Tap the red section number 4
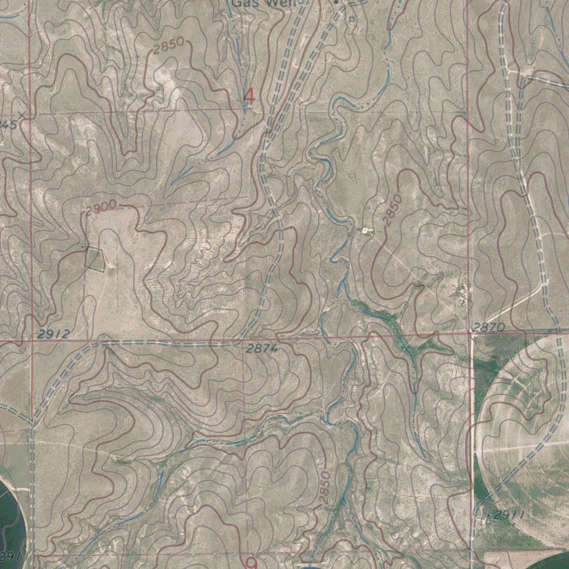click(249, 97)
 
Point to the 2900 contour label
click(101, 208)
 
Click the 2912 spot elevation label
click(54, 334)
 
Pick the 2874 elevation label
click(261, 349)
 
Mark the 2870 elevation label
click(488, 328)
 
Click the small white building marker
click(365, 230)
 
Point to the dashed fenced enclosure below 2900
click(94, 258)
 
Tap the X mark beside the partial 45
click(22, 114)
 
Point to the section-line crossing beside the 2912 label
click(32, 340)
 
